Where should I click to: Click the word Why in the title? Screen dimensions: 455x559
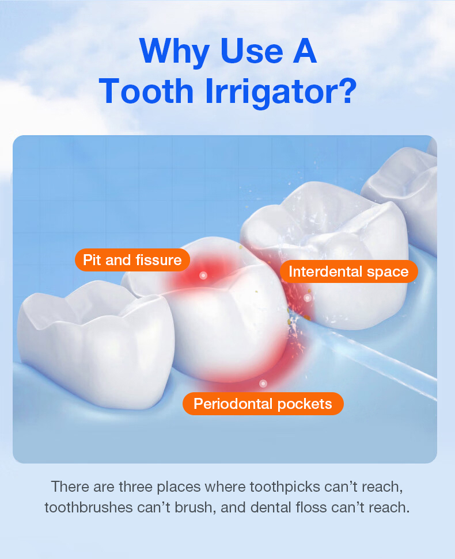tap(174, 52)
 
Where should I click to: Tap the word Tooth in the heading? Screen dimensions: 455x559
tap(146, 91)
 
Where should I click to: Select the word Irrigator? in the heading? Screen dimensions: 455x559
tap(281, 92)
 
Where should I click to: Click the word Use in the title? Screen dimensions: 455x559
tap(252, 51)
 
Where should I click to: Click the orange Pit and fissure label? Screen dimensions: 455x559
tap(132, 260)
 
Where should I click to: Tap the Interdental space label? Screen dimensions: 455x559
tap(348, 271)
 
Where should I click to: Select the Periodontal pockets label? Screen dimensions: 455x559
tap(263, 404)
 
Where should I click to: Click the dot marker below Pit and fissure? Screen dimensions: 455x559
tap(203, 275)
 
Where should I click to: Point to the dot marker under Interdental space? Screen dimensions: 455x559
tap(308, 298)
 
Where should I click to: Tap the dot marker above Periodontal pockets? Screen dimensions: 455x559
tap(263, 384)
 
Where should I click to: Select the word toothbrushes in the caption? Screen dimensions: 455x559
tap(89, 507)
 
